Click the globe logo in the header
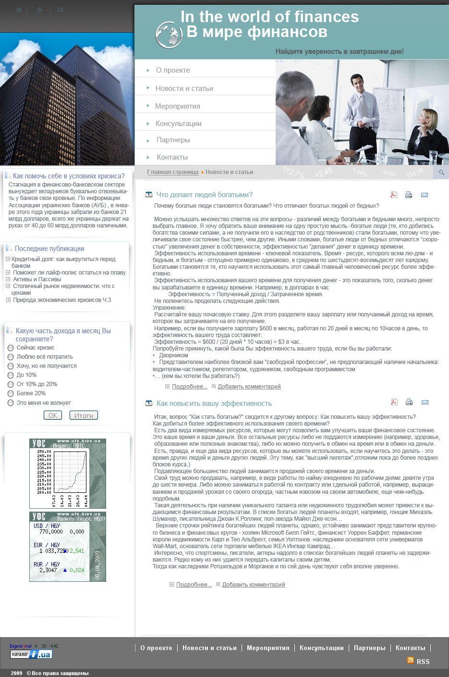coord(169,35)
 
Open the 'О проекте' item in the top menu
coord(173,70)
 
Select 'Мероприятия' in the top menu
coord(177,106)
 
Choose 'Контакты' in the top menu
coord(172,157)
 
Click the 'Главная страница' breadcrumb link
coord(172,172)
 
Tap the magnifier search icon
coord(441,172)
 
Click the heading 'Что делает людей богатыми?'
coord(204,195)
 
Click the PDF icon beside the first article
coord(394,195)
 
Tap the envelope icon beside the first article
coord(425,195)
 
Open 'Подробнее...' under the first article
coord(189,387)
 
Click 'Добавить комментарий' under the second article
coord(254,585)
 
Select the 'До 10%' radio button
coord(11,375)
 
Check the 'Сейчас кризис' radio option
coord(11,348)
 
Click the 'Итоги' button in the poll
coord(84,415)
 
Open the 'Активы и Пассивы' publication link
coord(37,279)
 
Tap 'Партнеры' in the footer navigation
coord(369,648)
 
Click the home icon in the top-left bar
coord(19,10)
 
